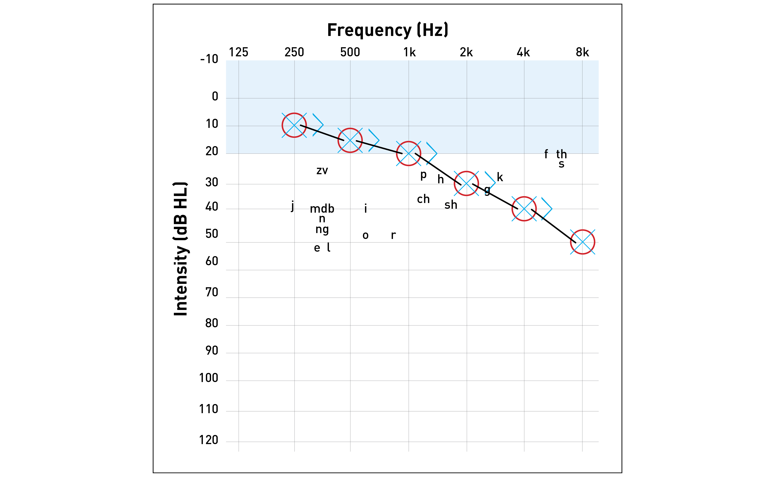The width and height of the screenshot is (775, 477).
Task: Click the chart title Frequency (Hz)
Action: (x=387, y=30)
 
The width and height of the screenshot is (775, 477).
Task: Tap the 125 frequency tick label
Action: (x=238, y=52)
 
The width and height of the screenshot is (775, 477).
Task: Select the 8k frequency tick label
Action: (x=582, y=52)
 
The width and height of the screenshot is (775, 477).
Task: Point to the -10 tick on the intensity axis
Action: (x=209, y=59)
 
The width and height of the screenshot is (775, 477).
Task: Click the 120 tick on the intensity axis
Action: (x=209, y=440)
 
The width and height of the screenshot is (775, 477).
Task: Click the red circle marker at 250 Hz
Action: (x=294, y=125)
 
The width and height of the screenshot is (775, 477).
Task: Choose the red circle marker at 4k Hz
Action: (x=524, y=209)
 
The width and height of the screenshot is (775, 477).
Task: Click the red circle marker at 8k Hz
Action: (x=582, y=242)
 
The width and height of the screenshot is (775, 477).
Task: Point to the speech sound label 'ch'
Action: (x=423, y=199)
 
